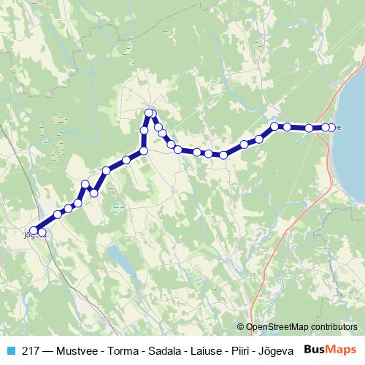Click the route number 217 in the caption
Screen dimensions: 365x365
(30, 350)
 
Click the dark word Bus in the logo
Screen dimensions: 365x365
(315, 349)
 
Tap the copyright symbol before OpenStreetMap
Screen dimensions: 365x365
(242, 327)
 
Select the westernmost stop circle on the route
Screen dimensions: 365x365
(34, 231)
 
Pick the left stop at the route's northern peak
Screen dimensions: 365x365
(148, 113)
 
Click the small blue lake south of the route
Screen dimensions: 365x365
(117, 255)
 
